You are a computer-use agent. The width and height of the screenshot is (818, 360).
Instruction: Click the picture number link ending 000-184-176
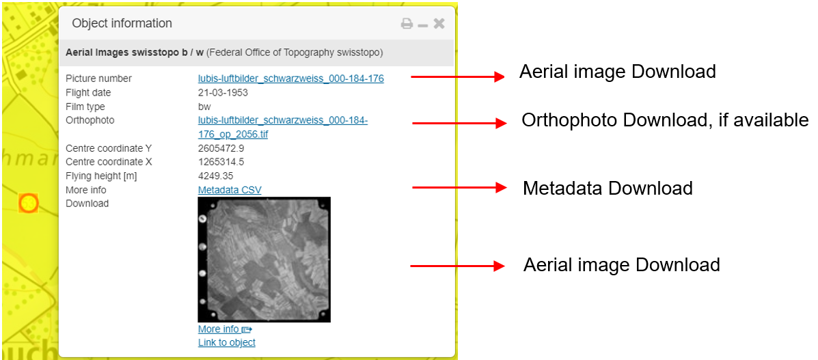(290, 79)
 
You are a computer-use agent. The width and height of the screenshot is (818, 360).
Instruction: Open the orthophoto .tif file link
(282, 127)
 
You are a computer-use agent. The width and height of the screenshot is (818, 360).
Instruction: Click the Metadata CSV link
(230, 190)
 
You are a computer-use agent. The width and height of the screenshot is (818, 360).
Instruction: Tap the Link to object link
(226, 342)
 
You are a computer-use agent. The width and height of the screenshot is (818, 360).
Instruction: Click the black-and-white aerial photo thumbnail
(264, 260)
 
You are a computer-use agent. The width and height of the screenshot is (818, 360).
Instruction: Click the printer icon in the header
(407, 24)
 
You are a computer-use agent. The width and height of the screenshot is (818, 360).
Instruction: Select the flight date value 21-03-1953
(223, 93)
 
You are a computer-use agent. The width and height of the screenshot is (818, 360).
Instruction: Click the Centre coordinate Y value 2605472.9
(221, 148)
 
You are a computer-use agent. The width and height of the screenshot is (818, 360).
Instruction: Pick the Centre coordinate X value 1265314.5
(221, 162)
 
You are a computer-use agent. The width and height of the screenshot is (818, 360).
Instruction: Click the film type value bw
(204, 107)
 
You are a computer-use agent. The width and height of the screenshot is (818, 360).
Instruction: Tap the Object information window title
(122, 23)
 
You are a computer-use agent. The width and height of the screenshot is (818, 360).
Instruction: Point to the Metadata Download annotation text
(608, 189)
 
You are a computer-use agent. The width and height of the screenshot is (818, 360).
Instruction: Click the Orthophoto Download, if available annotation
(664, 121)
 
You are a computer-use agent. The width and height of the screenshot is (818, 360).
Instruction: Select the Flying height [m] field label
(101, 176)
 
